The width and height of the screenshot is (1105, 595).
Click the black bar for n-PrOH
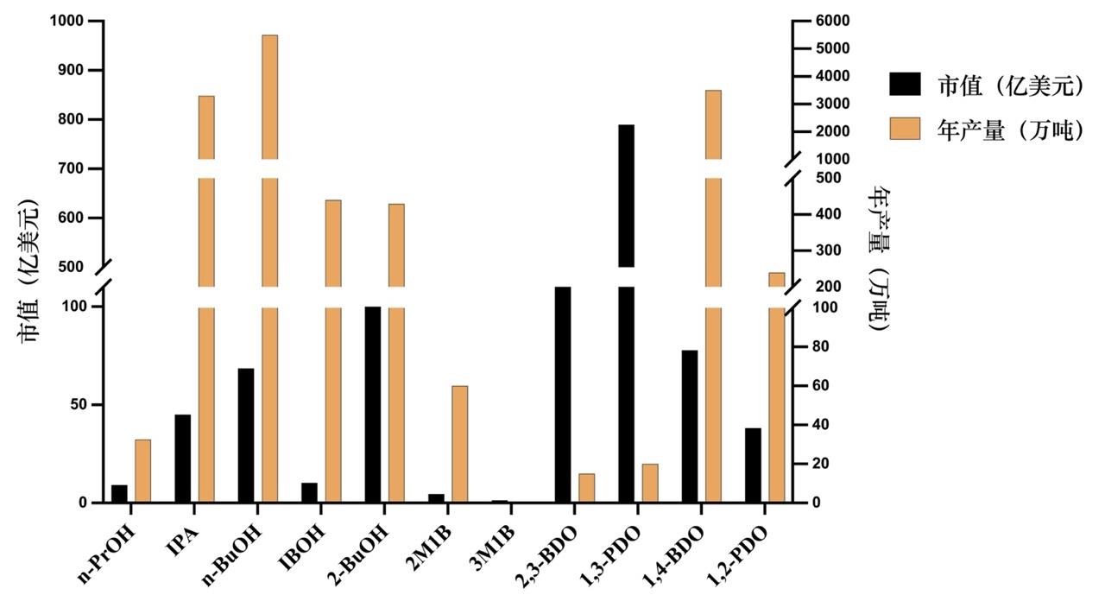(119, 494)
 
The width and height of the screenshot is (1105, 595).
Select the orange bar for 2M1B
(459, 444)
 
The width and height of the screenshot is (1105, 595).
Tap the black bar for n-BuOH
(246, 435)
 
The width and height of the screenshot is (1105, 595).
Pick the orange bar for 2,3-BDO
(586, 488)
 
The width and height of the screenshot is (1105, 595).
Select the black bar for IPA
(183, 459)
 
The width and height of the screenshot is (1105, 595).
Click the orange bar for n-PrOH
(142, 471)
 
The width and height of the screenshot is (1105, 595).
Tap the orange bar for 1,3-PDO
(650, 484)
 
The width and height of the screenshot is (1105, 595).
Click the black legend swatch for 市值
(908, 84)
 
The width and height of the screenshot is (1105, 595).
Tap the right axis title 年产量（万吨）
(880, 259)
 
